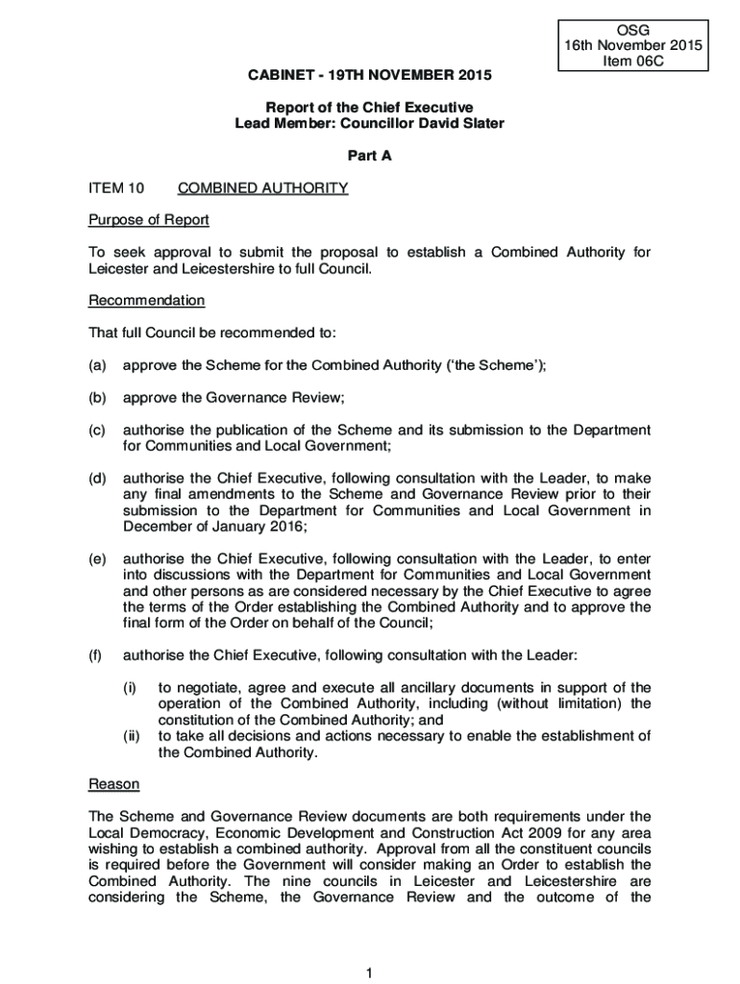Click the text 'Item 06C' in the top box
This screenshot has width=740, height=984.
click(634, 61)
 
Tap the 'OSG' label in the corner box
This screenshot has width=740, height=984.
click(634, 29)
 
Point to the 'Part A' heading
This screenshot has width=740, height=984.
click(370, 156)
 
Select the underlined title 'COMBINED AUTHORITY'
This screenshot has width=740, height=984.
click(256, 188)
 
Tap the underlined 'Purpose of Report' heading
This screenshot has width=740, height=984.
click(148, 220)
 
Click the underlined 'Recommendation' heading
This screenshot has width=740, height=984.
click(146, 301)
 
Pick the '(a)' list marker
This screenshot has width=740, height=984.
click(98, 365)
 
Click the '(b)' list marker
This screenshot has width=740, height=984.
click(98, 398)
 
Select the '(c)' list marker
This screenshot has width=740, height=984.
click(98, 430)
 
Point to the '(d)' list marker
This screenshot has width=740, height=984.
click(98, 479)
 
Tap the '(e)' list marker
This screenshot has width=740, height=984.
click(98, 559)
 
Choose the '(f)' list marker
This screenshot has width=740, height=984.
click(96, 655)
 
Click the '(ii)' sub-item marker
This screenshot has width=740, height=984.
click(132, 736)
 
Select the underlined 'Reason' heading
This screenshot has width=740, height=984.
click(113, 784)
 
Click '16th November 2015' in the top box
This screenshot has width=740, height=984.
click(634, 45)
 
